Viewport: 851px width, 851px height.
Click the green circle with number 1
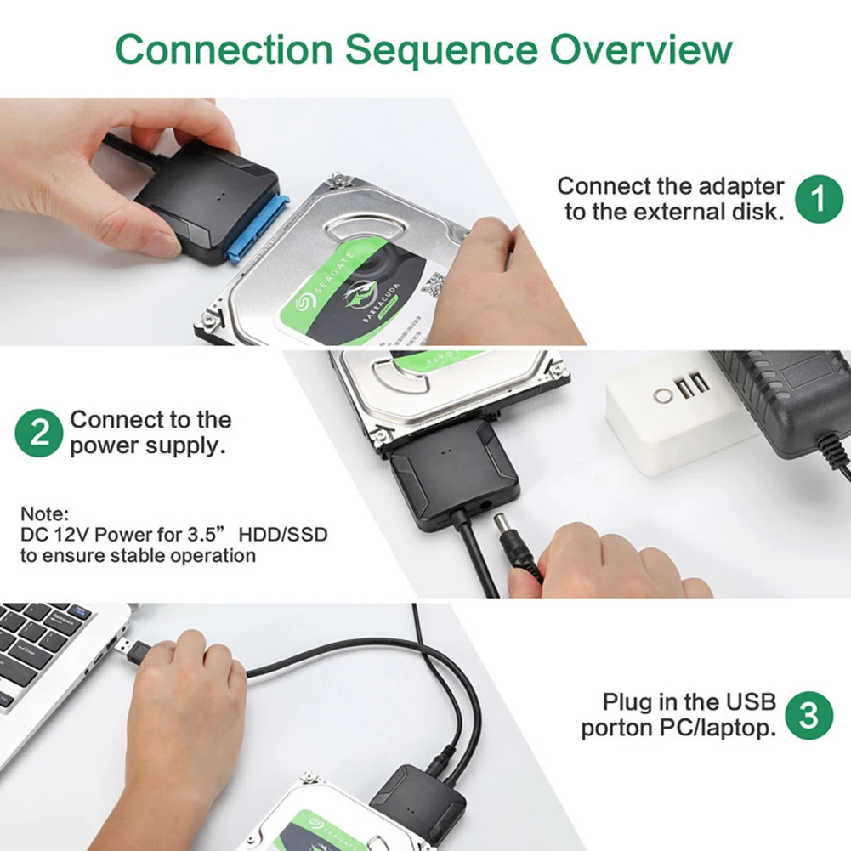819,199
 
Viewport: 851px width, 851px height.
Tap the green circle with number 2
39,433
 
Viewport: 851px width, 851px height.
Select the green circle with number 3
808,716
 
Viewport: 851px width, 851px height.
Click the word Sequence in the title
440,50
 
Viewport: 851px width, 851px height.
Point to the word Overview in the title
640,50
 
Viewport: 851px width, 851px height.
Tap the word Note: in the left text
43,514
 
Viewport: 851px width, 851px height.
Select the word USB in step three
750,702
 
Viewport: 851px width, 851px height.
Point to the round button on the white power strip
662,395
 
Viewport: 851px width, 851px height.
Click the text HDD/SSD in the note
283,535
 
